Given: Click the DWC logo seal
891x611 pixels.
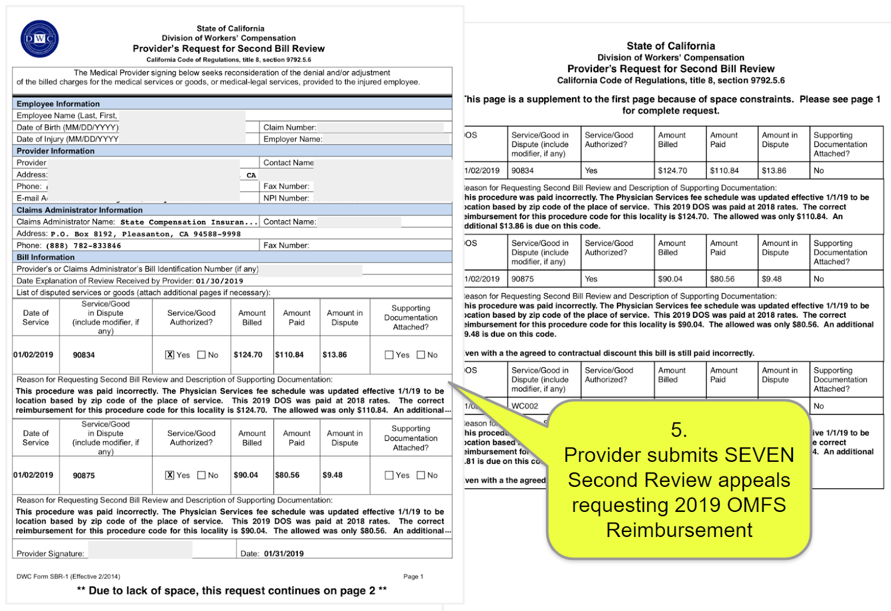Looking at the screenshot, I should pyautogui.click(x=39, y=38).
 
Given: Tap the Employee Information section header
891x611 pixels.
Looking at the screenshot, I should pyautogui.click(x=58, y=104).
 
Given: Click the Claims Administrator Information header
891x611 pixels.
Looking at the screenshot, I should pyautogui.click(x=80, y=210).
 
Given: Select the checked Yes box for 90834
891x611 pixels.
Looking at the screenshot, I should pyautogui.click(x=170, y=354).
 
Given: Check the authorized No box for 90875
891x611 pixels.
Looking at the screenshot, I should pyautogui.click(x=202, y=475).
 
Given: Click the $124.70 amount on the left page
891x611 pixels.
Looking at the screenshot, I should pyautogui.click(x=248, y=354).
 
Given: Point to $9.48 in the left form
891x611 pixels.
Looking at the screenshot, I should pyautogui.click(x=332, y=475).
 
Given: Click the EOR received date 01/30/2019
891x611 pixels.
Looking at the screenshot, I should pyautogui.click(x=219, y=281).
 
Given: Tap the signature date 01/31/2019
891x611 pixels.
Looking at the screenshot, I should pyautogui.click(x=283, y=554).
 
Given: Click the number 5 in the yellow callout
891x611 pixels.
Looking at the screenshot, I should pyautogui.click(x=679, y=430).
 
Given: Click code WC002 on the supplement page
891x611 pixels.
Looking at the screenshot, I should pyautogui.click(x=525, y=406).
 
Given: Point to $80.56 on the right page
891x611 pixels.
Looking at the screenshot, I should pyautogui.click(x=722, y=279).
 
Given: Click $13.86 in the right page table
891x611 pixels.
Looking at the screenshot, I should pyautogui.click(x=774, y=171).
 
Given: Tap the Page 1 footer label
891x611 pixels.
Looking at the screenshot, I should pyautogui.click(x=413, y=576).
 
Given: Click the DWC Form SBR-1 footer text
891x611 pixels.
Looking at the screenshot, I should pyautogui.click(x=68, y=576).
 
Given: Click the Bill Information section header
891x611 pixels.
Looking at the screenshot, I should pyautogui.click(x=46, y=257).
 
